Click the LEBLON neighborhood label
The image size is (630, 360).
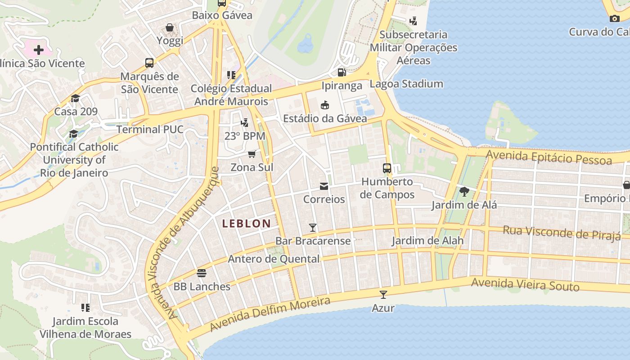click(247, 223)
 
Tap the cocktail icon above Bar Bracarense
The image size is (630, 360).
click(313, 228)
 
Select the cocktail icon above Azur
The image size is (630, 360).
click(383, 295)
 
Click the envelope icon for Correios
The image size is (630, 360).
click(324, 186)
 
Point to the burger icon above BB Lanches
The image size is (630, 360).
click(202, 273)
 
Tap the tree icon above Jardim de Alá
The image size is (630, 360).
click(464, 192)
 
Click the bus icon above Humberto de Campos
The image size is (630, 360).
click(387, 168)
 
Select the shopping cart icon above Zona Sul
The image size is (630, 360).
click(252, 154)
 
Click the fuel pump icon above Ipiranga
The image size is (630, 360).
click(342, 72)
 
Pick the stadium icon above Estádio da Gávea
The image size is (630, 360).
click(324, 105)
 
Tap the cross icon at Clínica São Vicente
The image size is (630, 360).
click(38, 49)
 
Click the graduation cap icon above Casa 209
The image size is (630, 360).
click(75, 99)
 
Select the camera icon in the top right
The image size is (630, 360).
click(614, 18)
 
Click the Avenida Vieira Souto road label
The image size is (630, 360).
click(525, 284)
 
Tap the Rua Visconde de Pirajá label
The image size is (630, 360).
click(561, 233)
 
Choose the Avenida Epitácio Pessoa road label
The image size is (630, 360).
click(549, 157)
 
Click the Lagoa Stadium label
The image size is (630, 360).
click(406, 84)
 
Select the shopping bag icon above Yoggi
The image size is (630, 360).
click(170, 28)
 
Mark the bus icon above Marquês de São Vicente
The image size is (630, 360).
click(149, 63)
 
